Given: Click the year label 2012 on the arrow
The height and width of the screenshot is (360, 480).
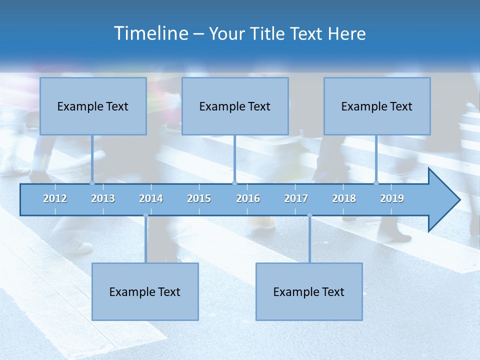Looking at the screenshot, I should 55,198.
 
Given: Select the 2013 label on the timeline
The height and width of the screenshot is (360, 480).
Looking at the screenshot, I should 103,198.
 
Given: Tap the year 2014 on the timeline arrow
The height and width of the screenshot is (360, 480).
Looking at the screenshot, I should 151,198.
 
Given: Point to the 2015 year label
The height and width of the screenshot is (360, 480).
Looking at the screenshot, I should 199,198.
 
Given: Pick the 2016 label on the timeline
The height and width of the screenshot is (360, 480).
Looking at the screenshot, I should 248,198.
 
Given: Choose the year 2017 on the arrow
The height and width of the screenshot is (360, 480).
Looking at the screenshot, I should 296,198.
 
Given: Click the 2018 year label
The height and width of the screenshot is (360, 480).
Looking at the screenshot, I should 344,198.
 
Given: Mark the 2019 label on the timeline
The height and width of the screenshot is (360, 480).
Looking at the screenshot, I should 392,198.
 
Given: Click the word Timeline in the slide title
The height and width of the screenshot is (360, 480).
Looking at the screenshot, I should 150,33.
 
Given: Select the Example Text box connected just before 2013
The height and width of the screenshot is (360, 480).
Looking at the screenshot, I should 93,106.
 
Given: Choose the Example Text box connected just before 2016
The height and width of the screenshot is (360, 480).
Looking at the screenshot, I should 235,106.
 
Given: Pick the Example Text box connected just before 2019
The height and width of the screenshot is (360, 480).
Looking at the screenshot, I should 377,106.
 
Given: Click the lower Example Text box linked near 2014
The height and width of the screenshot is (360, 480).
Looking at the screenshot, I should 145,291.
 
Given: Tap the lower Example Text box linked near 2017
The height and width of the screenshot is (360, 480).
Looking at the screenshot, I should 309,291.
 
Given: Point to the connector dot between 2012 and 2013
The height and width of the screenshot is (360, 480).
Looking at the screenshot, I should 92,183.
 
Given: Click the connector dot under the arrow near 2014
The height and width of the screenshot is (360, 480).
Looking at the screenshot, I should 145,215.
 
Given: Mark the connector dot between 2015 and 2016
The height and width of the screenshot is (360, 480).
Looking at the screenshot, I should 234,183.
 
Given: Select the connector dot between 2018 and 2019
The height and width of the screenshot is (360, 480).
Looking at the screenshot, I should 376,183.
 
